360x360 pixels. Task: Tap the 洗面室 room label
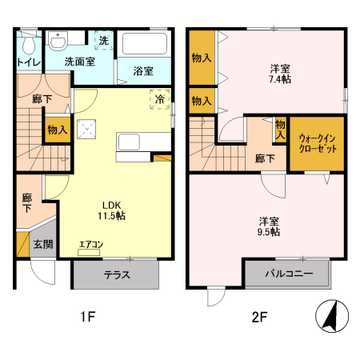pyautogui.click(x=80, y=62)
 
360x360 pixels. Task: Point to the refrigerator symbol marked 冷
pyautogui.click(x=159, y=99)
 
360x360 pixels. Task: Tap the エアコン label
pyautogui.click(x=90, y=246)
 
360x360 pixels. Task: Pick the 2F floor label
pyautogui.click(x=258, y=317)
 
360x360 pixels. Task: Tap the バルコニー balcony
pyautogui.click(x=288, y=274)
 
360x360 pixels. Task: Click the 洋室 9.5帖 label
pyautogui.click(x=268, y=225)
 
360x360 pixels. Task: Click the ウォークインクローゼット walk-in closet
pyautogui.click(x=317, y=143)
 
